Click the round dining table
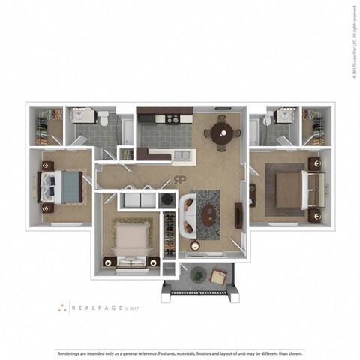pyautogui.click(x=223, y=134)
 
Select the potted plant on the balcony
pyautogui.click(x=197, y=274)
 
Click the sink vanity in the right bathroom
pyautogui.click(x=283, y=118)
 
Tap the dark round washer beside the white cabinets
pyautogui.click(x=166, y=200)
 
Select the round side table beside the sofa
pyautogui.click(x=195, y=246)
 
